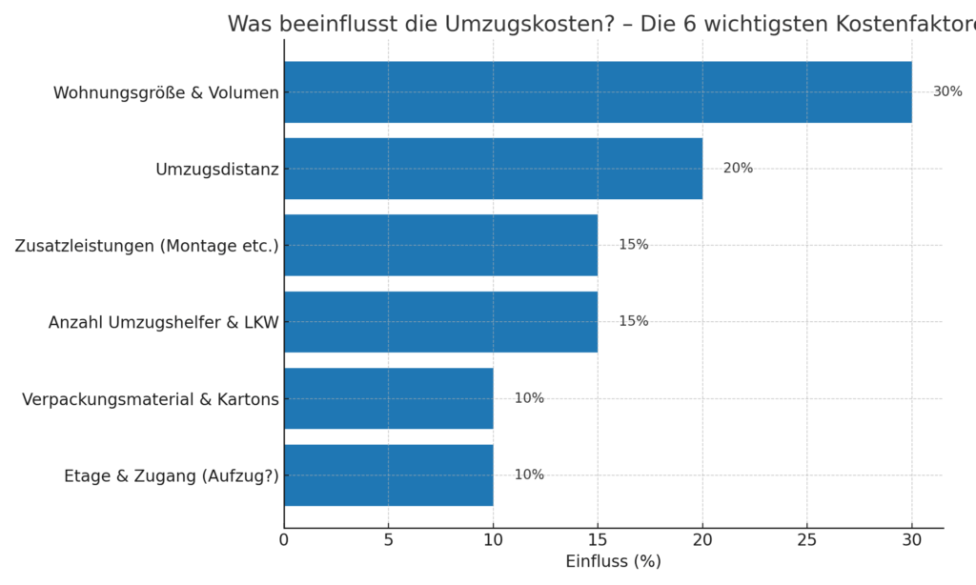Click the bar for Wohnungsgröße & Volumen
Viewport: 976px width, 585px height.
click(598, 92)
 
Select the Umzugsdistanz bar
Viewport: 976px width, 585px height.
click(493, 169)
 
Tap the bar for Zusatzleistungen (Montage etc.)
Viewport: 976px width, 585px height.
click(440, 245)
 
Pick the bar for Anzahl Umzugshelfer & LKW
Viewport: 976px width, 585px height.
click(440, 322)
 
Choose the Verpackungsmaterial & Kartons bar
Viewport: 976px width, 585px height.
click(389, 398)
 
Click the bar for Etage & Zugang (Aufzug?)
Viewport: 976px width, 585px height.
click(389, 474)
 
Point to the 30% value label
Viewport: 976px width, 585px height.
click(947, 92)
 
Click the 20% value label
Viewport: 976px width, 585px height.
click(738, 169)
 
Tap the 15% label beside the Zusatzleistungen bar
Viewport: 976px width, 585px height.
click(633, 245)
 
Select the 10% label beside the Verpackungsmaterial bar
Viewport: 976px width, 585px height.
click(529, 398)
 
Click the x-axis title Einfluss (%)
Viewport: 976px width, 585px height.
click(613, 562)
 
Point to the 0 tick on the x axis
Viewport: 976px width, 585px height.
click(284, 539)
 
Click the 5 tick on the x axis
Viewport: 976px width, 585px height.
click(389, 539)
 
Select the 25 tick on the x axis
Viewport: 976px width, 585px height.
click(807, 539)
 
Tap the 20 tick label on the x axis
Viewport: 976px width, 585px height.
click(702, 539)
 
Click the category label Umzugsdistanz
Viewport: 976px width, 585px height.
click(217, 170)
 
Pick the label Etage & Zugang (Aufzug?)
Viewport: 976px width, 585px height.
click(172, 475)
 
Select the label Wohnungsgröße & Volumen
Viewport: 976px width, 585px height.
click(166, 93)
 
